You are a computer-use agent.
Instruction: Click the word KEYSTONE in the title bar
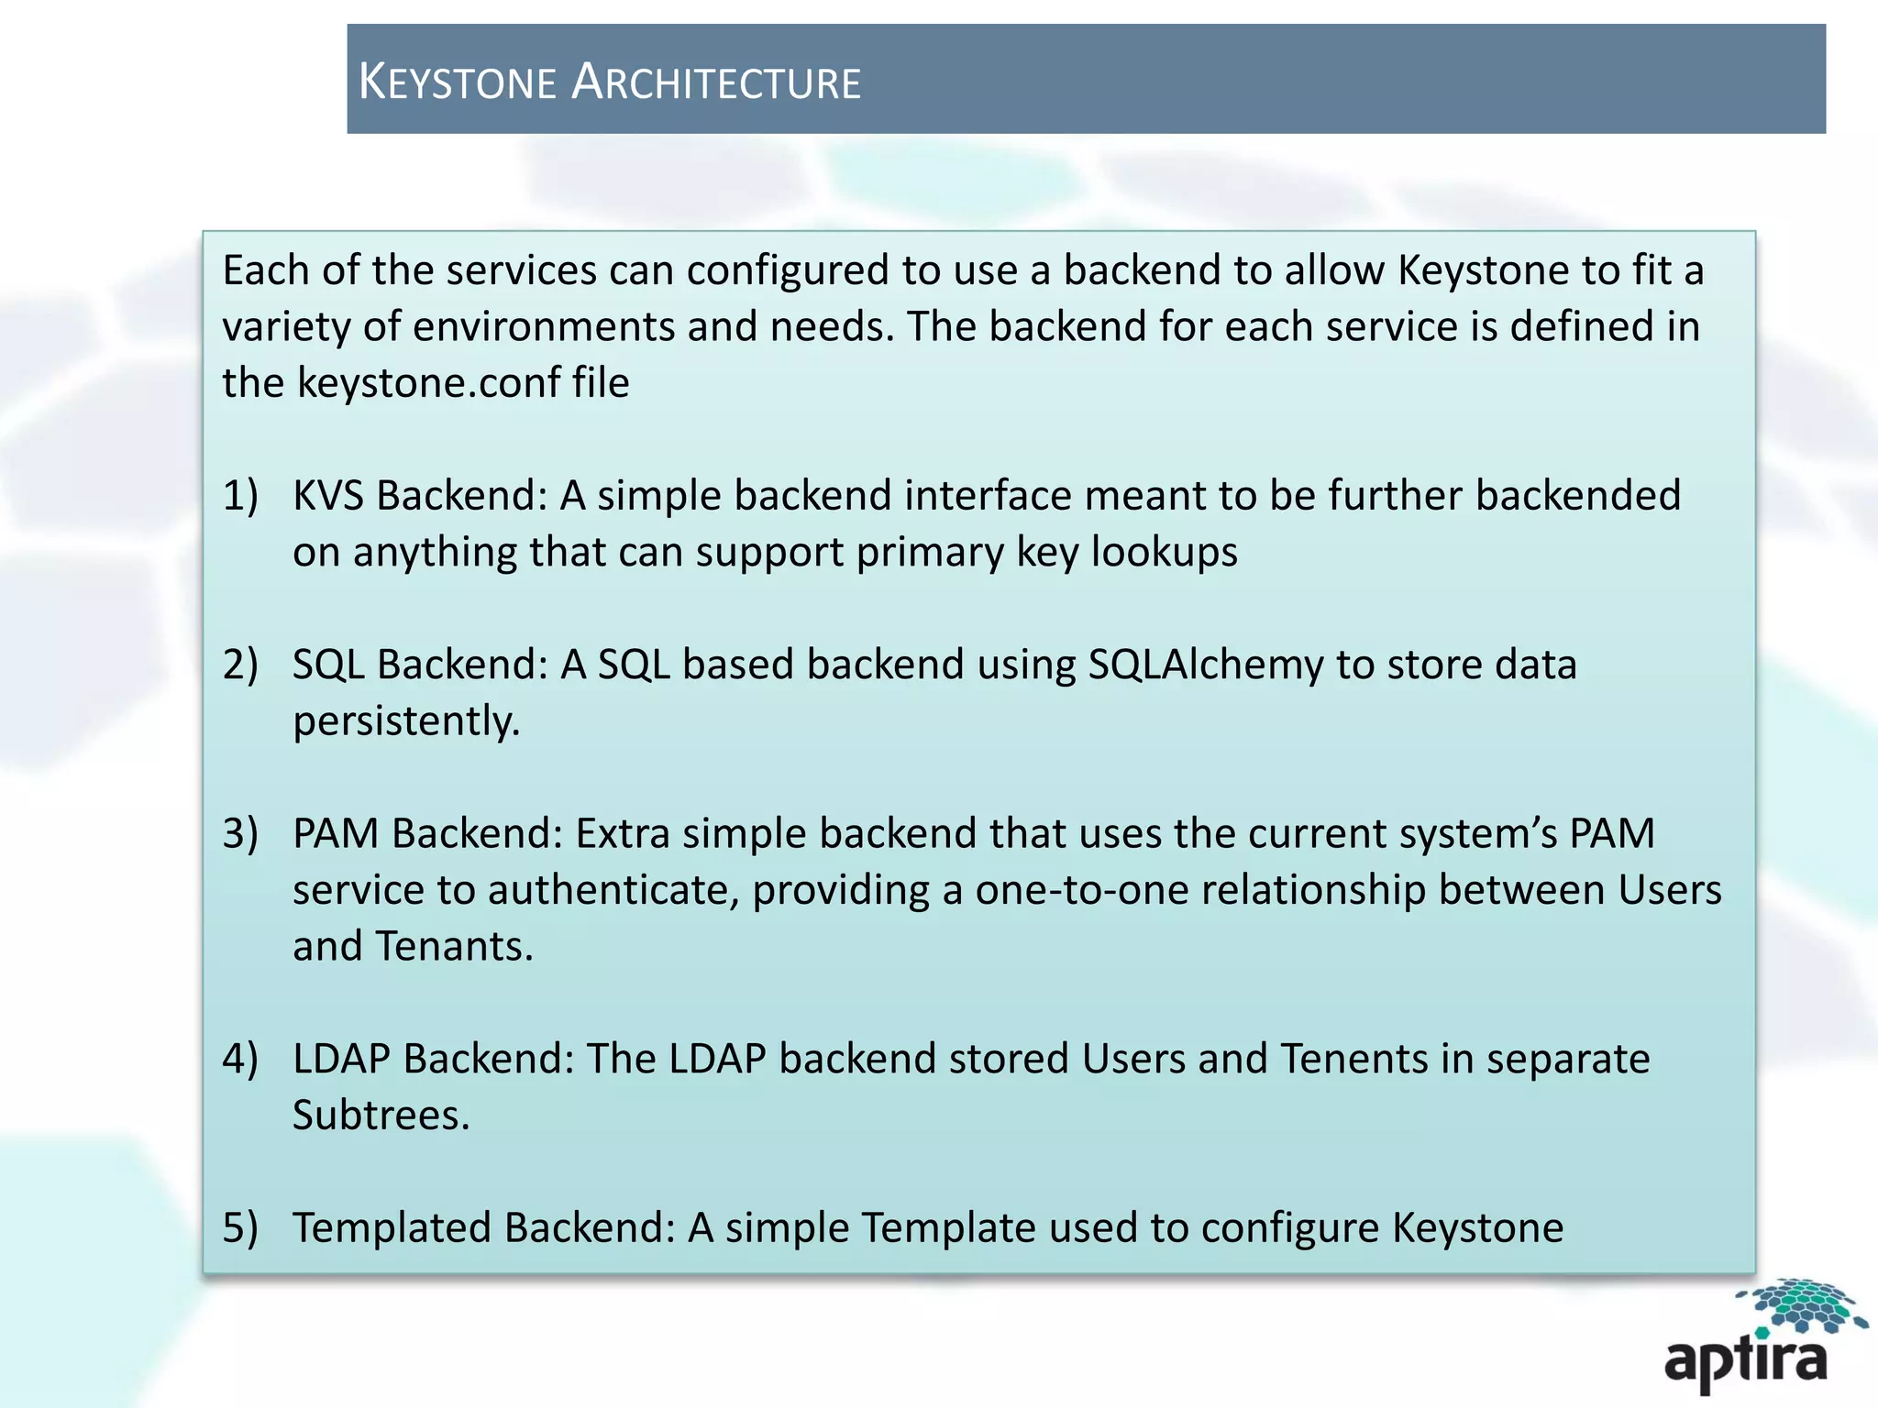[x=457, y=82]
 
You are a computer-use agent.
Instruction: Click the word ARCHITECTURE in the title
[x=716, y=82]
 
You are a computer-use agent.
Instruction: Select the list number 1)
[x=240, y=496]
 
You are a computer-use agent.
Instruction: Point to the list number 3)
[x=240, y=834]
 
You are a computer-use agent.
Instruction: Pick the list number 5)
[x=240, y=1228]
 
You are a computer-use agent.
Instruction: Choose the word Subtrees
[x=381, y=1116]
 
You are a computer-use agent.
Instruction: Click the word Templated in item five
[x=392, y=1228]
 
